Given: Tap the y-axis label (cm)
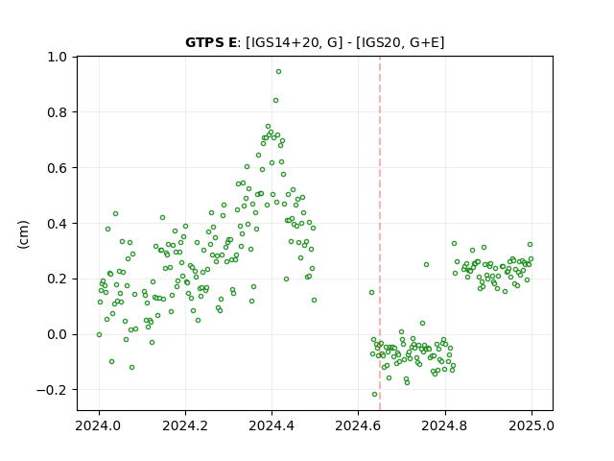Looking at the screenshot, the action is (x=23, y=234).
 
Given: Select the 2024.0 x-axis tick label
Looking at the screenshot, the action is (x=99, y=425).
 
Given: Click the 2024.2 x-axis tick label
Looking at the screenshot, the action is (x=185, y=425).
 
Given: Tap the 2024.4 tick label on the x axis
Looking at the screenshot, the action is (x=272, y=425).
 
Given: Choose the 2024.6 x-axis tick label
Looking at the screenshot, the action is (x=358, y=425).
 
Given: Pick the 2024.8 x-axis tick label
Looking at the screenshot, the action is (x=445, y=425).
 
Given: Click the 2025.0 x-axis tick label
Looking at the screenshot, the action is (x=531, y=425).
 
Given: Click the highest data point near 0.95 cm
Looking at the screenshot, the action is (x=278, y=72).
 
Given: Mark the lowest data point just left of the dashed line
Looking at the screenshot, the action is (x=375, y=395).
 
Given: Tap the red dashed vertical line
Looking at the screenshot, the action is (x=380, y=233).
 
